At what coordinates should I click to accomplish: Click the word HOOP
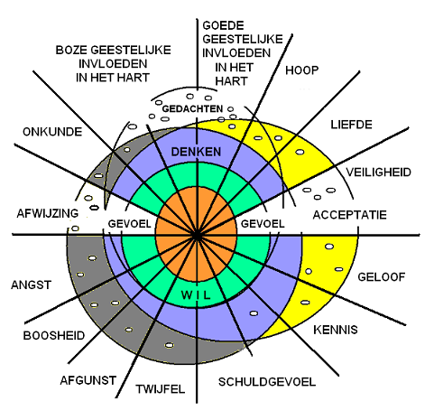[x=302, y=70]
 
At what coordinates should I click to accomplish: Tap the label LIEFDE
[x=351, y=125]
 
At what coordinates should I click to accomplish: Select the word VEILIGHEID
[x=378, y=173]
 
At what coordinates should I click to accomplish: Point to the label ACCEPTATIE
[x=349, y=215]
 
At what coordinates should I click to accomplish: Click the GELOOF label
[x=382, y=277]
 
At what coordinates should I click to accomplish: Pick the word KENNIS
[x=336, y=330]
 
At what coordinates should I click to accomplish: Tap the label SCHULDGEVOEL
[x=267, y=382]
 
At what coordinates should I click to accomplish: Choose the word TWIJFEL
[x=160, y=389]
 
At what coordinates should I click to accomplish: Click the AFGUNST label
[x=88, y=380]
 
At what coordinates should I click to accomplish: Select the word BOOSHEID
[x=54, y=336]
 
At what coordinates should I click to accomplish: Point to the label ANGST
[x=32, y=285]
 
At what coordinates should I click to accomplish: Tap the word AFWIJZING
[x=48, y=213]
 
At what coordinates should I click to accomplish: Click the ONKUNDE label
[x=52, y=132]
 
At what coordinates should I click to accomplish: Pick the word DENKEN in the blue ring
[x=196, y=152]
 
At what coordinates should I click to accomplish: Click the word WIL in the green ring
[x=196, y=295]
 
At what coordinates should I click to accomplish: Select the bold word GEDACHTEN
[x=192, y=108]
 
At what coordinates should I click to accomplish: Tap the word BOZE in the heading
[x=71, y=50]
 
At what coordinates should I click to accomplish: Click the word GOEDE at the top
[x=223, y=25]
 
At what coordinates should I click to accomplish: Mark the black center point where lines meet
[x=197, y=236]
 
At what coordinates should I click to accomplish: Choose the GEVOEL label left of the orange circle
[x=129, y=224]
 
